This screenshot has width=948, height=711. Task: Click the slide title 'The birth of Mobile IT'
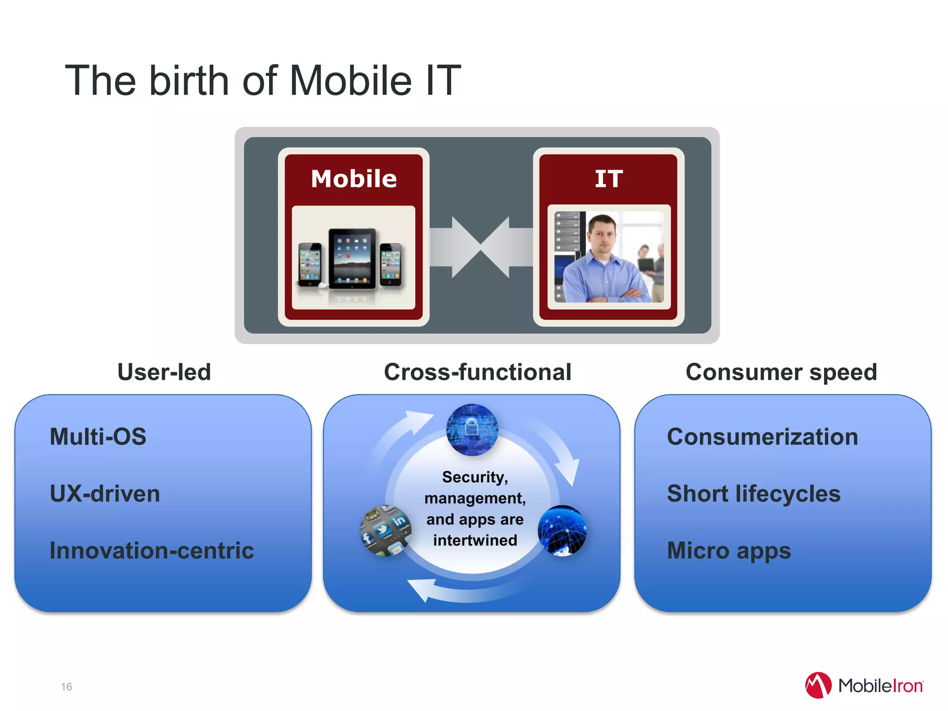(x=263, y=81)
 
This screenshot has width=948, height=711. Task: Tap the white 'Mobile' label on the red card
(x=354, y=179)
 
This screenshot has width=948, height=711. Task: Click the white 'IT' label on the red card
(x=609, y=179)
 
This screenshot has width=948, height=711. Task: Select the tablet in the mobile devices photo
(x=352, y=258)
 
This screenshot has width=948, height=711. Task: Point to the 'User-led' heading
(x=164, y=372)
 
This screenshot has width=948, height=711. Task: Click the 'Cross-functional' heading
(x=478, y=372)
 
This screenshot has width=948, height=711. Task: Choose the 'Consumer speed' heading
(x=781, y=372)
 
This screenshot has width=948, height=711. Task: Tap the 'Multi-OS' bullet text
(x=98, y=437)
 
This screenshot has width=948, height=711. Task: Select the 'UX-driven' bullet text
(x=105, y=493)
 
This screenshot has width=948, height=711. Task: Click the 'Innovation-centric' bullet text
(x=152, y=550)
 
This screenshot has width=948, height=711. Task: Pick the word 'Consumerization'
(x=762, y=437)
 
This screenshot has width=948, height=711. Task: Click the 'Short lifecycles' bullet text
(x=754, y=493)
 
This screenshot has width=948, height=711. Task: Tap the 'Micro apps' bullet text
(x=729, y=550)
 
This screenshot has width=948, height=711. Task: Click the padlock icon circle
(x=472, y=430)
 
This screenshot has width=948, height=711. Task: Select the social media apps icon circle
(x=385, y=530)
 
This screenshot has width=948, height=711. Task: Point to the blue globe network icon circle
(x=562, y=530)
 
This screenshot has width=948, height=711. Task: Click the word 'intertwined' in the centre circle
(x=475, y=540)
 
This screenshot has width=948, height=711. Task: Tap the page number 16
(x=67, y=686)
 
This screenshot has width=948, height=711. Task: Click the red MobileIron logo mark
(x=818, y=685)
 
